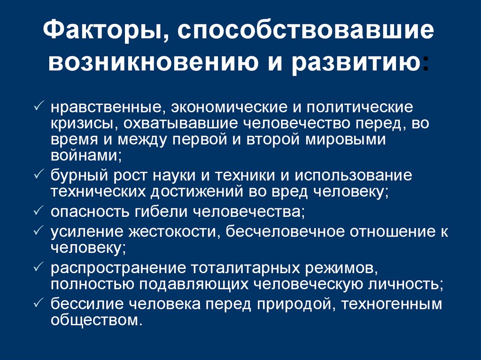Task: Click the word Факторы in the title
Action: tap(99, 33)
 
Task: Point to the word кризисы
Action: tap(81, 123)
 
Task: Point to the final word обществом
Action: tap(97, 321)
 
